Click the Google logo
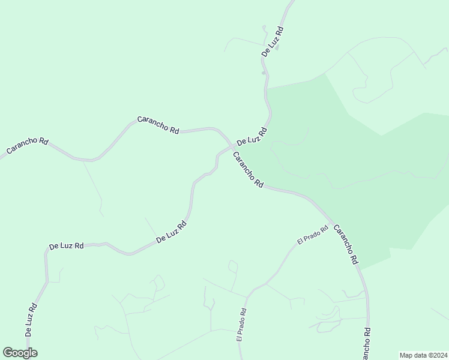click(x=20, y=353)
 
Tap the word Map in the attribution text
click(x=407, y=355)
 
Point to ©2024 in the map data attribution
click(x=436, y=355)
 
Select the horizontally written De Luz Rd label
click(x=66, y=246)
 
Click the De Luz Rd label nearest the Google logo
click(x=31, y=319)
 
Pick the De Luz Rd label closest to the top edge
click(x=272, y=41)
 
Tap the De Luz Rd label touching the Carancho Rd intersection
click(x=251, y=137)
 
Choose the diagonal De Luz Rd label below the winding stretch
click(x=172, y=232)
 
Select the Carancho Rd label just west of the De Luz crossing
click(x=158, y=124)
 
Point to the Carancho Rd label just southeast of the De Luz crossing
click(x=248, y=170)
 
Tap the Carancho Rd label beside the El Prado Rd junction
click(x=346, y=244)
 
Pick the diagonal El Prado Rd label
click(x=313, y=234)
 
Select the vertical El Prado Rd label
click(x=241, y=325)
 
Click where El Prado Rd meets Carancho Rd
click(x=331, y=221)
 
